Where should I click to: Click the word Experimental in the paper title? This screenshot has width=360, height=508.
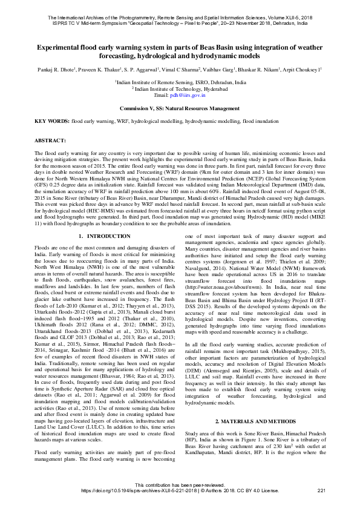coord(62,47)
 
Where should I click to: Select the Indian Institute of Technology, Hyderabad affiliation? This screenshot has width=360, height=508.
coord(180,88)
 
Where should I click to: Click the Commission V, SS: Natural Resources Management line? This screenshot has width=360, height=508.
coord(180,108)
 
